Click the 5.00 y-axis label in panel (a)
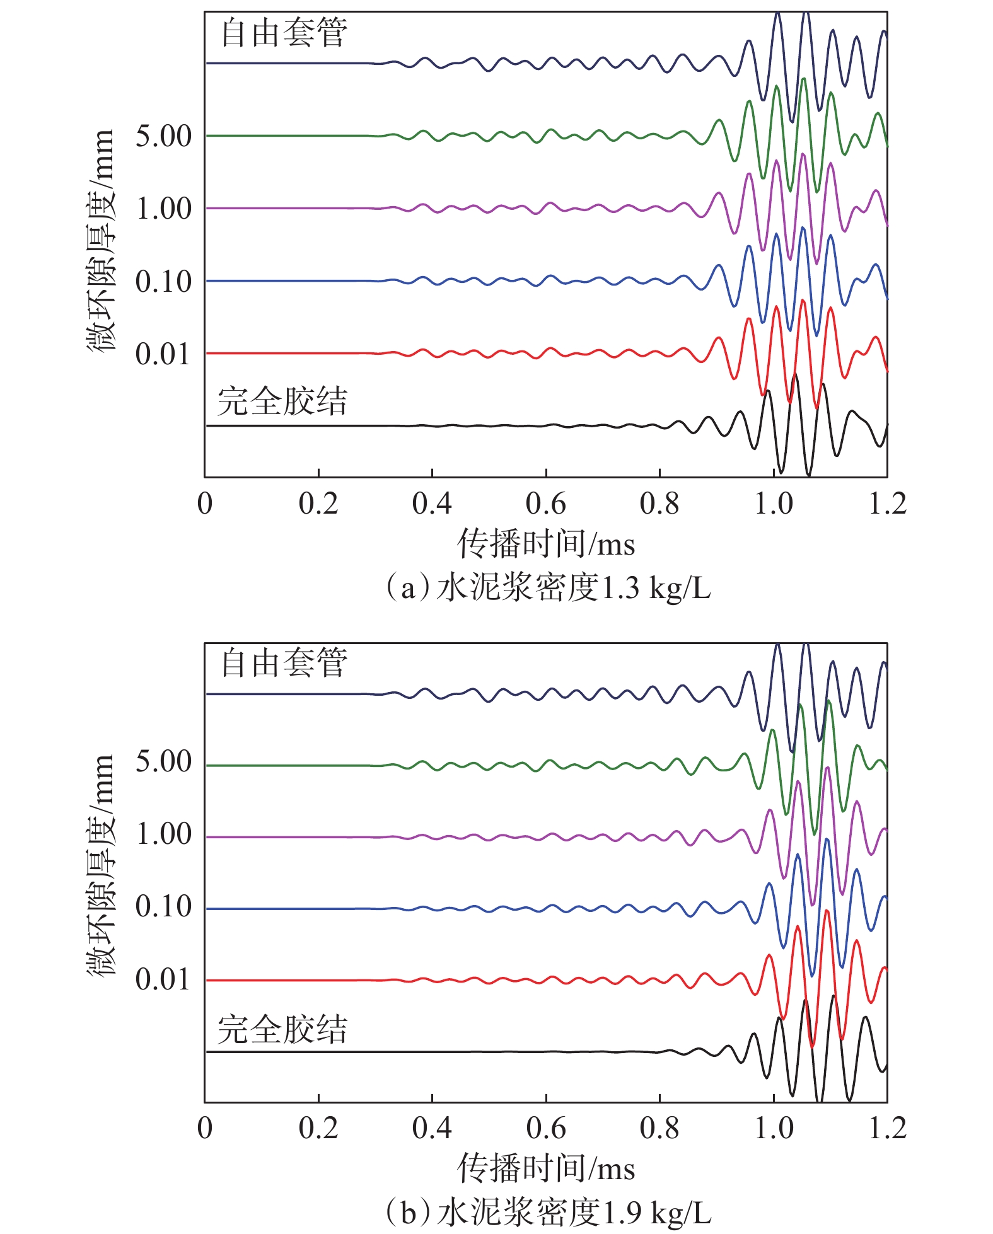pyautogui.click(x=163, y=136)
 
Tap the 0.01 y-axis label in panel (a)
pyautogui.click(x=163, y=354)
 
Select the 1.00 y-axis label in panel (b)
pyautogui.click(x=163, y=834)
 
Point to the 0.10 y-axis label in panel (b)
pyautogui.click(x=163, y=906)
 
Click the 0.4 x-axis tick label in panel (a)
pyautogui.click(x=432, y=504)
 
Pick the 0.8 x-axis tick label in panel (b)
pyautogui.click(x=659, y=1128)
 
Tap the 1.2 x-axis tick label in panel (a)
pyautogui.click(x=887, y=504)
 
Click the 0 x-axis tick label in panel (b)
pyautogui.click(x=205, y=1128)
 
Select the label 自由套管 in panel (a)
pyautogui.click(x=284, y=33)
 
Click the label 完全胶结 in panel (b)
pyautogui.click(x=282, y=1030)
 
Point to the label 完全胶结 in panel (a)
pyautogui.click(x=282, y=401)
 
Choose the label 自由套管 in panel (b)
pyautogui.click(x=284, y=663)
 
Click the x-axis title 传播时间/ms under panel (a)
pyautogui.click(x=545, y=544)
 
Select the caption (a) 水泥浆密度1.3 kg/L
pyautogui.click(x=547, y=588)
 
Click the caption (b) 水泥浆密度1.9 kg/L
pyautogui.click(x=547, y=1213)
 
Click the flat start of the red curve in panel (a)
pyautogui.click(x=284, y=353)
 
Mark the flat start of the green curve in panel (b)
pyautogui.click(x=284, y=766)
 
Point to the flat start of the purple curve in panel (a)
pyautogui.click(x=284, y=208)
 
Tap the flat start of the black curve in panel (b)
pyautogui.click(x=284, y=1052)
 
